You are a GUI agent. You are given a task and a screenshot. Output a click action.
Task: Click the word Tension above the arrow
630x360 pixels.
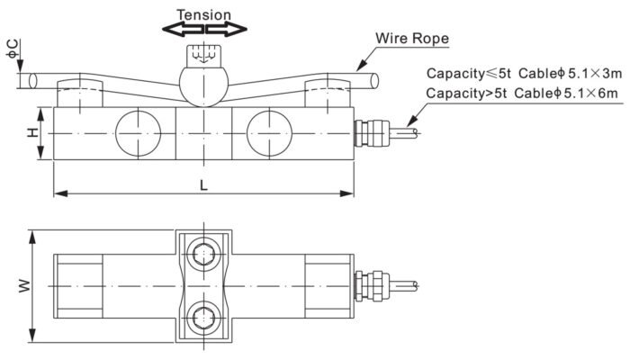point(203,14)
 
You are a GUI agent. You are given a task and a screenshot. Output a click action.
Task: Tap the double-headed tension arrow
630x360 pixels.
point(203,30)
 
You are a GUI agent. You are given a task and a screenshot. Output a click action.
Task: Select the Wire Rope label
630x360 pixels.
point(413,39)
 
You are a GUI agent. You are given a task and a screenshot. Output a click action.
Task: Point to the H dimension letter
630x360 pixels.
point(32,132)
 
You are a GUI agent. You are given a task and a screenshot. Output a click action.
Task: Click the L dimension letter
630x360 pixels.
point(204,184)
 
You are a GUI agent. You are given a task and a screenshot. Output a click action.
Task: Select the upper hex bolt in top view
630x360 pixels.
point(203,252)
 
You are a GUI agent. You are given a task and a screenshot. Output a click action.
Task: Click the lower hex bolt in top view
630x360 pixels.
point(203,316)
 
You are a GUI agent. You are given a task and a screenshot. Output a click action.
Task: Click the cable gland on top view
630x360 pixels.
point(366,284)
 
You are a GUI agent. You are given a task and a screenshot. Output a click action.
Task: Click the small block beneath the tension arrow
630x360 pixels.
point(203,56)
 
